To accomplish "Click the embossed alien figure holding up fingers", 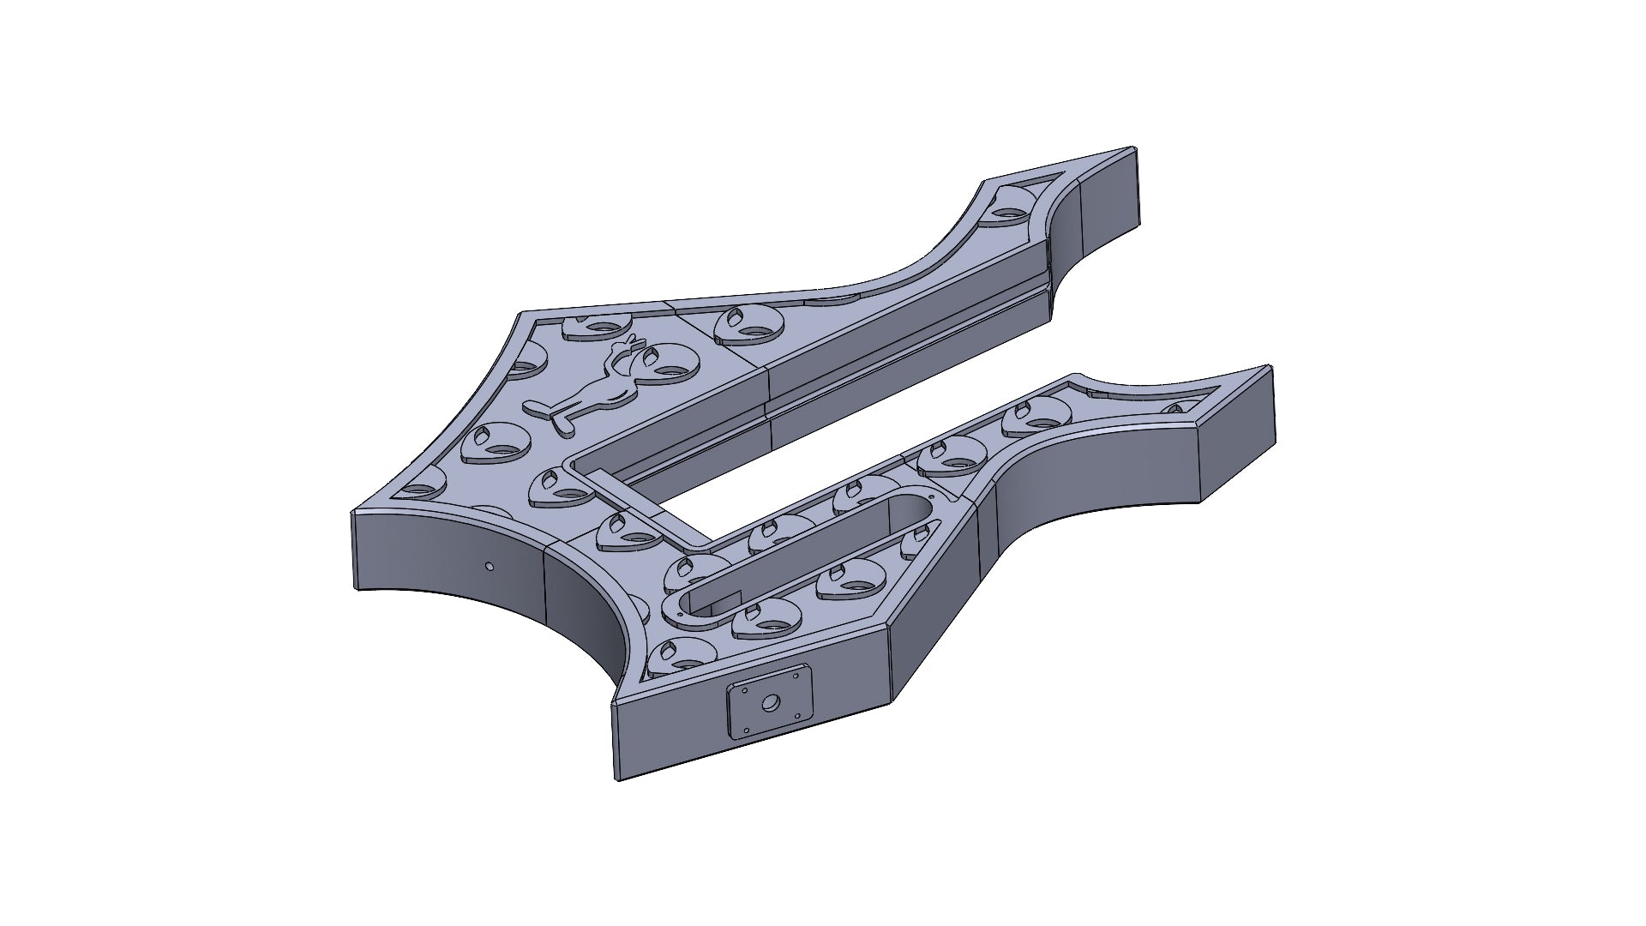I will (600, 386).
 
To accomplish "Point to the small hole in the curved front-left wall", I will (489, 566).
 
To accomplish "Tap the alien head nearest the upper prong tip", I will (1012, 208).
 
